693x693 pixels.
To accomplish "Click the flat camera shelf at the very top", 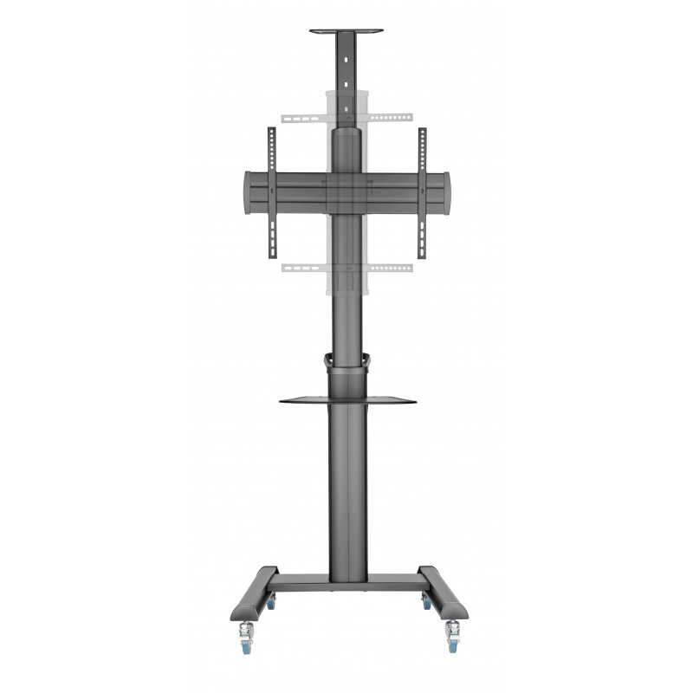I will coord(346,32).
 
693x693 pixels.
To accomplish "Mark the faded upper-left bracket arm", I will coord(302,116).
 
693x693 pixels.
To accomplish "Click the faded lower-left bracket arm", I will coord(302,267).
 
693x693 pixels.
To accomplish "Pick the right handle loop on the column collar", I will coord(367,361).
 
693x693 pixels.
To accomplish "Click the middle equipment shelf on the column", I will coord(347,400).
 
